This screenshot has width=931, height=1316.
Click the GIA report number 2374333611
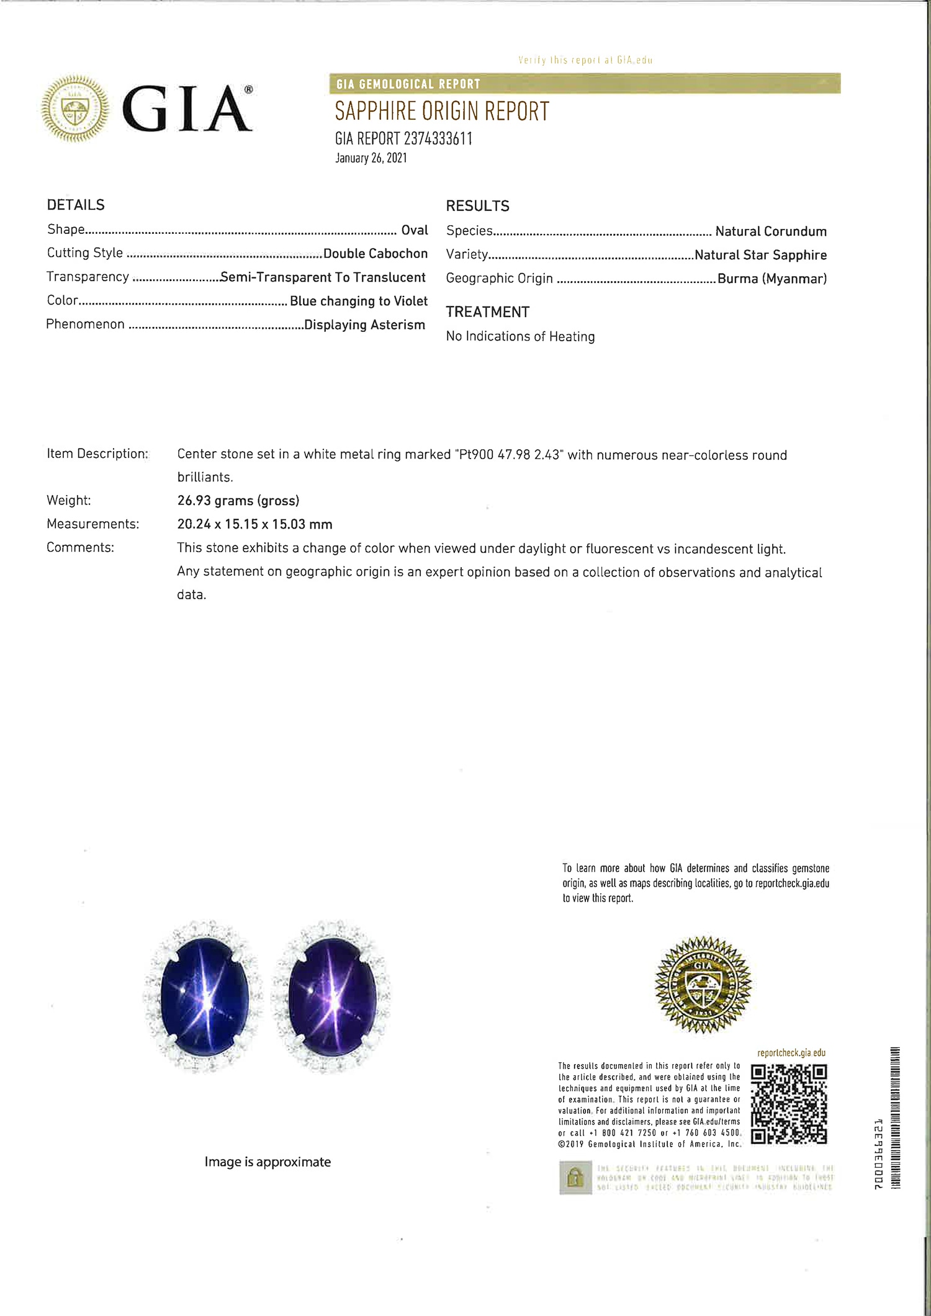pyautogui.click(x=403, y=138)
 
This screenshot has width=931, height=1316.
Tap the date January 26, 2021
pyautogui.click(x=371, y=158)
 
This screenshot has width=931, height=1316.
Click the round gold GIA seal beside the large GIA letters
pyautogui.click(x=75, y=109)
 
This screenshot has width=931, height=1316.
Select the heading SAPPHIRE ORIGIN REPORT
pyautogui.click(x=442, y=112)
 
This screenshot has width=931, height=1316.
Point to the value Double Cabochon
pyautogui.click(x=376, y=253)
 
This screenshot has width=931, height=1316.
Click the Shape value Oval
pyautogui.click(x=415, y=230)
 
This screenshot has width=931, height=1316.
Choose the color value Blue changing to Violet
pyautogui.click(x=359, y=301)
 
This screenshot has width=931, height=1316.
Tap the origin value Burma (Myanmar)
pyautogui.click(x=772, y=279)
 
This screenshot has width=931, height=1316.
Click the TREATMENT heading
pyautogui.click(x=487, y=312)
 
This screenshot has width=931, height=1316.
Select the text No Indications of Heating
pyautogui.click(x=520, y=336)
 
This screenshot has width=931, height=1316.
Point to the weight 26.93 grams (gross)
pyautogui.click(x=238, y=501)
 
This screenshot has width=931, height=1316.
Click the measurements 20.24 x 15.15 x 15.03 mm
pyautogui.click(x=254, y=524)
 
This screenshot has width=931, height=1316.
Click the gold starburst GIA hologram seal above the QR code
pyautogui.click(x=703, y=985)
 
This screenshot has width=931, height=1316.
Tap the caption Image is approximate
pyautogui.click(x=268, y=1162)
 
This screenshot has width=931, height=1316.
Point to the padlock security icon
pyautogui.click(x=575, y=1177)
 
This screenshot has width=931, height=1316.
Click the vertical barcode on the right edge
pyautogui.click(x=895, y=1117)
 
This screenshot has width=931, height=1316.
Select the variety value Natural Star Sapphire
pyautogui.click(x=760, y=255)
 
